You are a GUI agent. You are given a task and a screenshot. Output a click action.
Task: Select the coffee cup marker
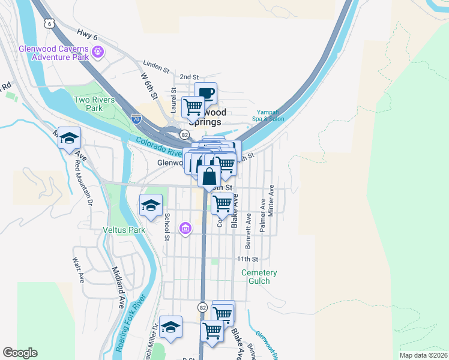click(206, 93)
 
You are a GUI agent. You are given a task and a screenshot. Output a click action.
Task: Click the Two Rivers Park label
click(88, 104)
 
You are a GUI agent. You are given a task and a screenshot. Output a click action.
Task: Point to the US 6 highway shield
click(50, 22)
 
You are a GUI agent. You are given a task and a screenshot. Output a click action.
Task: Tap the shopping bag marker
click(209, 178)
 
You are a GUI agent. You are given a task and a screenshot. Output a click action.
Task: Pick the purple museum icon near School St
click(185, 229)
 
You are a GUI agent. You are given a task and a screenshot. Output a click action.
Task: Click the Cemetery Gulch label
click(259, 277)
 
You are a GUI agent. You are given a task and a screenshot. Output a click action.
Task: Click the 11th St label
click(247, 259)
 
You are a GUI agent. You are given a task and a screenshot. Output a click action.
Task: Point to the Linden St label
click(155, 62)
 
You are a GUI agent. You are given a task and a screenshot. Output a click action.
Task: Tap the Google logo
click(20, 353)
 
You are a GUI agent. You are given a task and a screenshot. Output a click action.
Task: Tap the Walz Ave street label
click(77, 271)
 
